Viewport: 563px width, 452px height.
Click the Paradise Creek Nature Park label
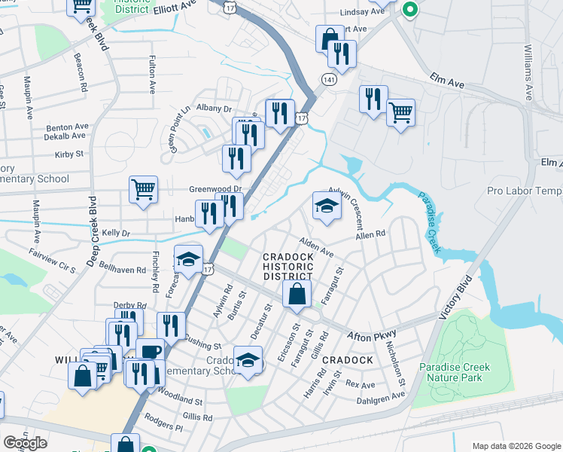coord(454,374)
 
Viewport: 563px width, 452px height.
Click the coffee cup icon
coord(151,353)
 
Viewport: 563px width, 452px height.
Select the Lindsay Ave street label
coord(361,12)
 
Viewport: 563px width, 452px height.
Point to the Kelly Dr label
coord(117,234)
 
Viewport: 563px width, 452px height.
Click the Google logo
coord(25,443)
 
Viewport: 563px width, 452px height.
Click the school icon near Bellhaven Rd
coord(188,260)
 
